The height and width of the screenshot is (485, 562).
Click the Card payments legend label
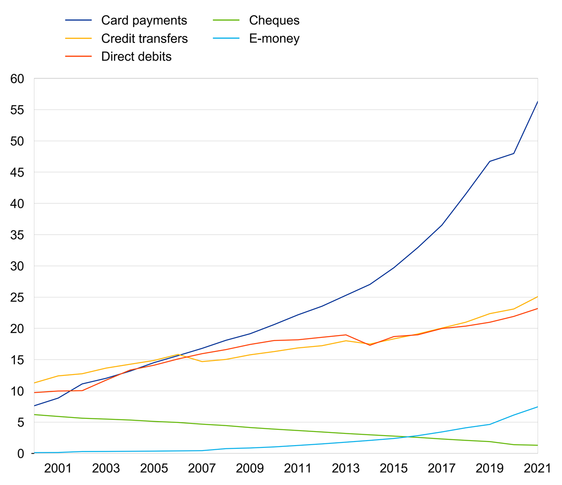[144, 20]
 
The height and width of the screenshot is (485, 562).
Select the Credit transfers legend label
[144, 38]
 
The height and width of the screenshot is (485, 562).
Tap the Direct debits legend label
[136, 57]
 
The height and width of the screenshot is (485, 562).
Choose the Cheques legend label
[274, 20]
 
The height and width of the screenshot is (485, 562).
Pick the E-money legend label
[274, 38]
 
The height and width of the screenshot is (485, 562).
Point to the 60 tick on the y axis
[17, 79]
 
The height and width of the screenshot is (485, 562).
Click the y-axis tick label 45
[17, 173]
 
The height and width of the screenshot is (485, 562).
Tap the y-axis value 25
[17, 298]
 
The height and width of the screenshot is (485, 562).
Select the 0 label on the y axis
[20, 453]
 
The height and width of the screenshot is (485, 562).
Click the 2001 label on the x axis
[58, 468]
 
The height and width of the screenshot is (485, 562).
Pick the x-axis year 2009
[250, 468]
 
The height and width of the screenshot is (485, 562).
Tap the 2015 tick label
[393, 468]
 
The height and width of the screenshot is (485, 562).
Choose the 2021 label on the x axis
[537, 468]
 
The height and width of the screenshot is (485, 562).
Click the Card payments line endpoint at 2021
[538, 101]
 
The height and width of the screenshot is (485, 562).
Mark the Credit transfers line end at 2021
[538, 297]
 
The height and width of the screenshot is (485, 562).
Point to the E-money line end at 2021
[538, 407]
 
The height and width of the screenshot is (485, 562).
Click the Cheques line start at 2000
[34, 414]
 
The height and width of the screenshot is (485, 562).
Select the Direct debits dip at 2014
[370, 345]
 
